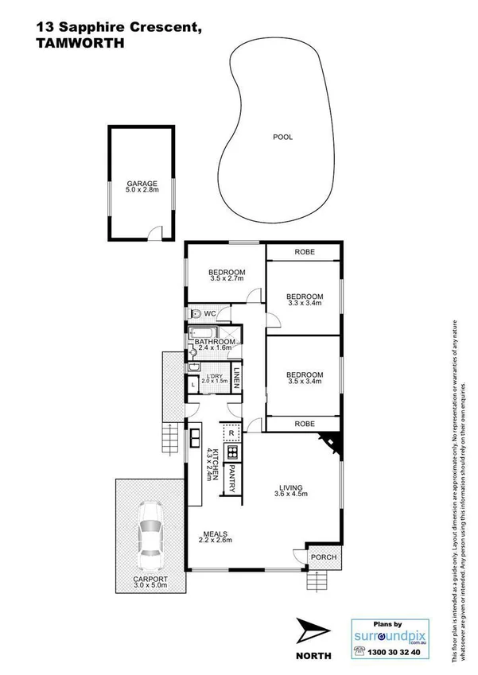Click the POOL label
click(282, 137)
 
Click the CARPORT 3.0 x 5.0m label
click(150, 583)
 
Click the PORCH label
click(323, 557)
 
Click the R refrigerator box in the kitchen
click(231, 433)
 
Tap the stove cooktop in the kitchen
click(232, 452)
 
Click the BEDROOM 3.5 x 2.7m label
click(227, 275)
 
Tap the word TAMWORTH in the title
click(80, 44)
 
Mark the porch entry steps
click(317, 584)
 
